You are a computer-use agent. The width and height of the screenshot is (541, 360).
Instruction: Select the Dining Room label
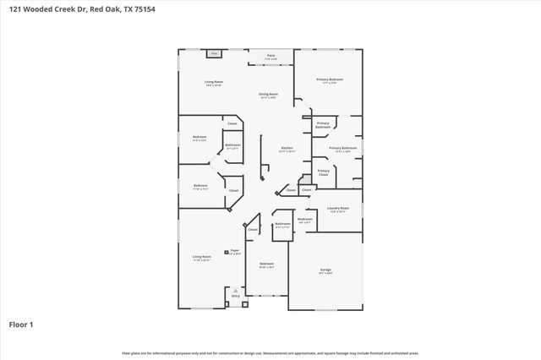tap(268, 94)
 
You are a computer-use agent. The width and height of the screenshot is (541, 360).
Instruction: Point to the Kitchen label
tap(287, 148)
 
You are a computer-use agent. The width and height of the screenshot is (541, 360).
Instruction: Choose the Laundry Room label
tap(338, 208)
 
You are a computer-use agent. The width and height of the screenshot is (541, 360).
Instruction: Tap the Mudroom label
tap(304, 219)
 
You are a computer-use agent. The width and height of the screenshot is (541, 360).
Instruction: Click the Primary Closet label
tap(323, 172)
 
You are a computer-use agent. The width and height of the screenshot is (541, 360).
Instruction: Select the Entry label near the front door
tap(236, 295)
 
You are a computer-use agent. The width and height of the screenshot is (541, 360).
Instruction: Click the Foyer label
tap(235, 251)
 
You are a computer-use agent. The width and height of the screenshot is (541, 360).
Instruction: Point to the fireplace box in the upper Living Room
tap(215, 53)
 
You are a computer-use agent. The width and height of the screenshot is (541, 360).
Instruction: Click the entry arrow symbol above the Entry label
tap(236, 289)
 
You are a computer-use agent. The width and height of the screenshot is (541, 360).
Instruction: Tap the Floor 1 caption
tap(21, 324)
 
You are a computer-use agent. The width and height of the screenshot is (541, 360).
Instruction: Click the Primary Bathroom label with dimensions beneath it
tap(342, 149)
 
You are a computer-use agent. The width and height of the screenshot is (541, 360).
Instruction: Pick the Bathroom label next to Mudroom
tap(282, 225)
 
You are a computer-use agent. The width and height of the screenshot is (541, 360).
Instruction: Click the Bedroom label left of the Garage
tap(266, 264)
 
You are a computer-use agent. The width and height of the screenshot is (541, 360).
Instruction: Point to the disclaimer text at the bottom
tap(270, 352)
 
